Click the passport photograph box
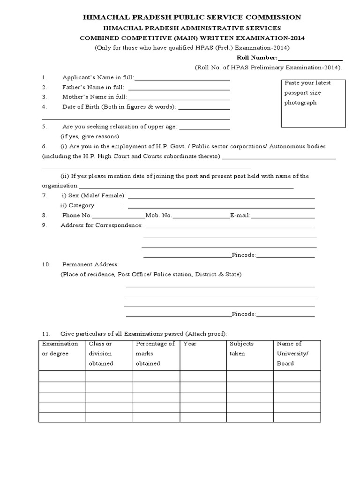(x=314, y=103)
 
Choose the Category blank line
(x=221, y=207)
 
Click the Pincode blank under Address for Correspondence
(x=285, y=256)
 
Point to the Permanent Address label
(x=90, y=264)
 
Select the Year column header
(x=189, y=344)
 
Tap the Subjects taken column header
(x=241, y=349)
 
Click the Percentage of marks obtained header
(x=155, y=353)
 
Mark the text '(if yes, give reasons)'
(x=90, y=137)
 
